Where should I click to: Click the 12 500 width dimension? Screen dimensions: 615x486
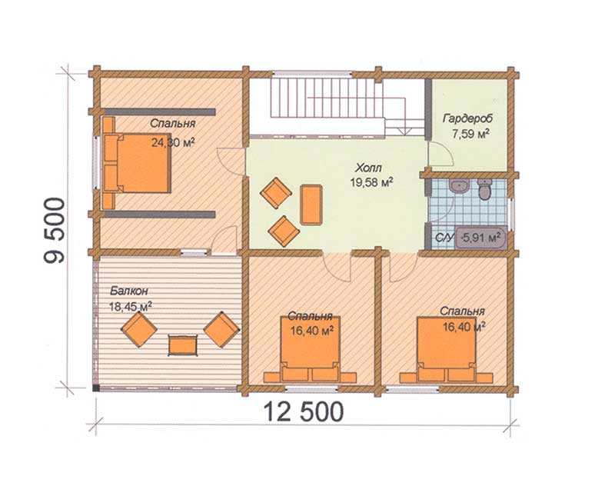tap(303, 411)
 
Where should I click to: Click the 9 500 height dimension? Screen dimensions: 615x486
tap(55, 230)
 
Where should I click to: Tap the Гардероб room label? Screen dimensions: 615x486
tap(468, 118)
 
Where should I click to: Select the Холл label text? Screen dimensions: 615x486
tap(368, 168)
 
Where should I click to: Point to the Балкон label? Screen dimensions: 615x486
tap(128, 291)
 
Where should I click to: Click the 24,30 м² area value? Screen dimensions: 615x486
tap(173, 142)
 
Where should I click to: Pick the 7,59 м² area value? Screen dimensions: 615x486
tap(470, 134)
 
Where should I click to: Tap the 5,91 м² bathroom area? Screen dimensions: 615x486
tap(482, 237)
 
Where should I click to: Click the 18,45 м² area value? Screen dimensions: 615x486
tap(131, 307)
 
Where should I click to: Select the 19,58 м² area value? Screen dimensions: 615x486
tap(371, 182)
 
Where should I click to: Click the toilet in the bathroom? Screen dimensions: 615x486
tap(485, 188)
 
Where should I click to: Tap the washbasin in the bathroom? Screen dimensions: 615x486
tap(459, 186)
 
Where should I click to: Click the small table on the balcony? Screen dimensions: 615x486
tap(182, 345)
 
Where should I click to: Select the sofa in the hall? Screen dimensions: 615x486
tap(311, 205)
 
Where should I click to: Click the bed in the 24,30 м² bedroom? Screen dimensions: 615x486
tap(138, 162)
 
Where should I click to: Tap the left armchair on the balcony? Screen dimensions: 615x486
tap(139, 329)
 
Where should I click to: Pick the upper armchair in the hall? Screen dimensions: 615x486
tap(277, 192)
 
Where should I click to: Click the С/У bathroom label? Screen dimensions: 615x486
tap(444, 238)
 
